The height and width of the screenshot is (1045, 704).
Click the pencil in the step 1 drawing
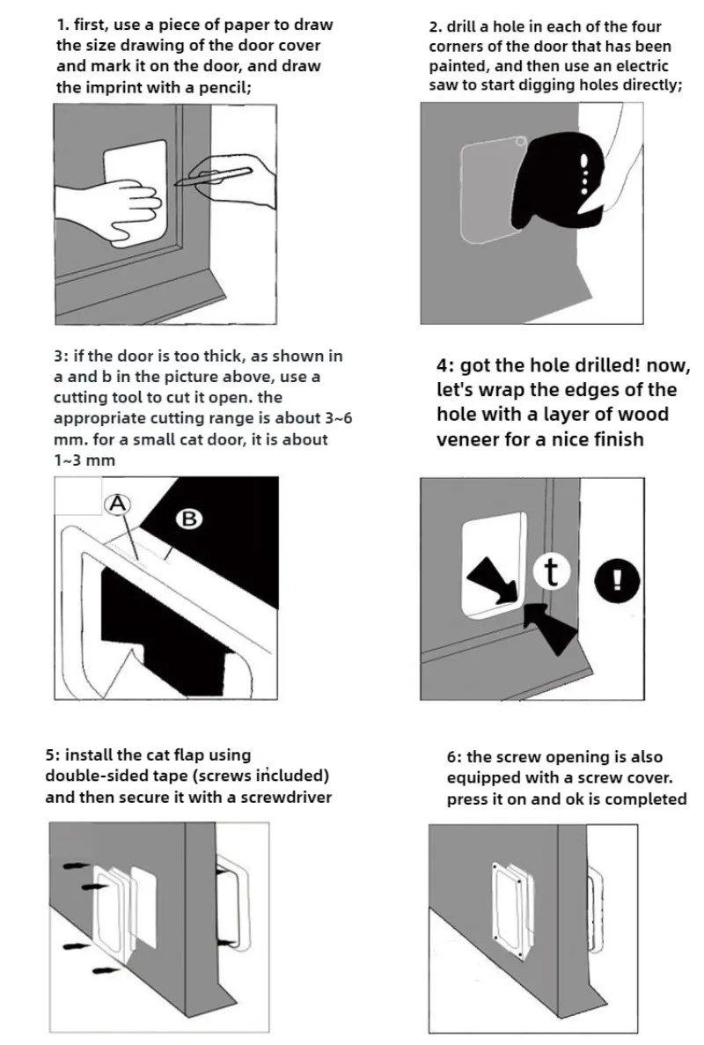213,176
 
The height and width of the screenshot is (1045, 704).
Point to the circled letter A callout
118,504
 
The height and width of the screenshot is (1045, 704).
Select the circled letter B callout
189,519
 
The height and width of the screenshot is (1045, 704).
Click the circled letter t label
551,572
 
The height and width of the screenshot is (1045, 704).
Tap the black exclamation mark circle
617,580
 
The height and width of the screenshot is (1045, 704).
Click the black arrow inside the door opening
493,581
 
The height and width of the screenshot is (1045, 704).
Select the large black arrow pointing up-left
550,629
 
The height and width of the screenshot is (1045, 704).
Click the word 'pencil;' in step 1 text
225,87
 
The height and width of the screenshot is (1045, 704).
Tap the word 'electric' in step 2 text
642,66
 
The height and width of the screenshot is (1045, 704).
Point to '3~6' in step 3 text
339,418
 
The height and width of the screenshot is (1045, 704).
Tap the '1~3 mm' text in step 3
84,460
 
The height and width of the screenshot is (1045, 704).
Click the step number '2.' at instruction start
436,27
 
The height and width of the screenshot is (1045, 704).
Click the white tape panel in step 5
143,907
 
